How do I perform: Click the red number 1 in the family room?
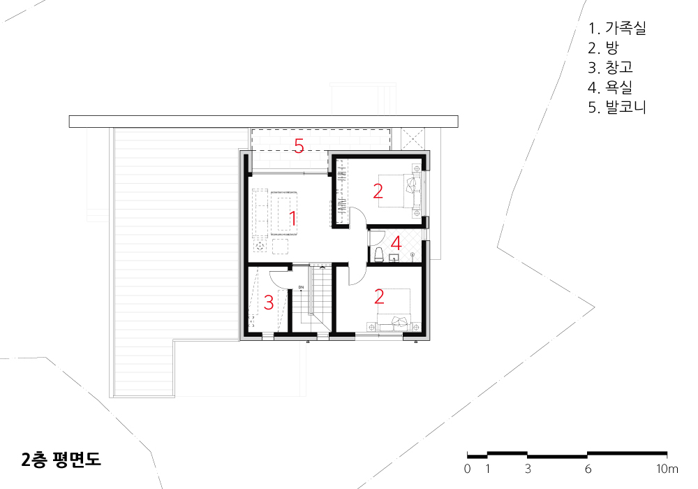point(293,219)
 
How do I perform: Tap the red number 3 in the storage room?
point(269,302)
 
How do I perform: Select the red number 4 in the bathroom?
point(396,244)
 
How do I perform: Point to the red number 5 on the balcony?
point(299,145)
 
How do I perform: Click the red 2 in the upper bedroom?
point(378,191)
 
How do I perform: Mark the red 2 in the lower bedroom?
point(379,297)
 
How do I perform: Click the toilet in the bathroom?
point(379,255)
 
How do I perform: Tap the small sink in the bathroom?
point(394,258)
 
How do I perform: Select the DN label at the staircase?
point(301,287)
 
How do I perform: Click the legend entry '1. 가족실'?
point(616,28)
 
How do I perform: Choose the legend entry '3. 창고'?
point(610,67)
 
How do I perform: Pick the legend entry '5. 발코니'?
point(616,107)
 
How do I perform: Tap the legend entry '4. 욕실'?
point(610,87)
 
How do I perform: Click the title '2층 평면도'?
point(61,460)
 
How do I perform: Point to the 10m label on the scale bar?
point(667,469)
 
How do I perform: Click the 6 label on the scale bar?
point(588,469)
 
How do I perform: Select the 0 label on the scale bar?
point(467,469)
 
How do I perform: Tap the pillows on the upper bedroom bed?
point(413,191)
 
